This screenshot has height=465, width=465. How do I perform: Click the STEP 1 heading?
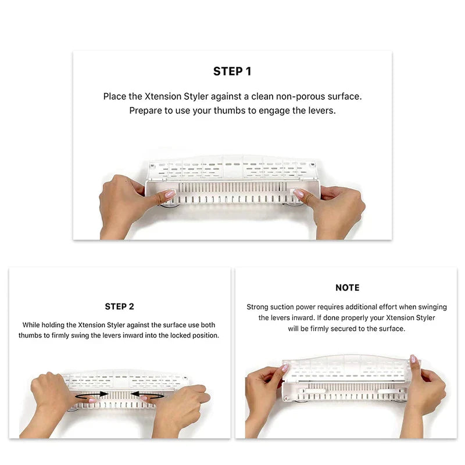[x=232, y=71]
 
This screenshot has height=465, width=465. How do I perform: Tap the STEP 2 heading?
[x=119, y=306]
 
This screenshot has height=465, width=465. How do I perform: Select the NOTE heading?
[x=347, y=288]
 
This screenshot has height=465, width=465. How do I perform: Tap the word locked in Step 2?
[x=183, y=336]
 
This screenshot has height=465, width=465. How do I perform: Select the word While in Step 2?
[x=33, y=325]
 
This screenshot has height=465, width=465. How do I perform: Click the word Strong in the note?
[x=257, y=307]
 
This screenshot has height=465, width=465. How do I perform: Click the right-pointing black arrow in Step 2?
[x=92, y=394]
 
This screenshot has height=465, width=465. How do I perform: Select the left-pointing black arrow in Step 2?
[x=146, y=394]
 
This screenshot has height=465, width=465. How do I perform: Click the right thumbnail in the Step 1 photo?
[x=298, y=193]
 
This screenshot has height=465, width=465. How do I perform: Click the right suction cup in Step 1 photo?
[x=295, y=203]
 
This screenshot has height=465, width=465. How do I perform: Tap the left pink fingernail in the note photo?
[x=285, y=368]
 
